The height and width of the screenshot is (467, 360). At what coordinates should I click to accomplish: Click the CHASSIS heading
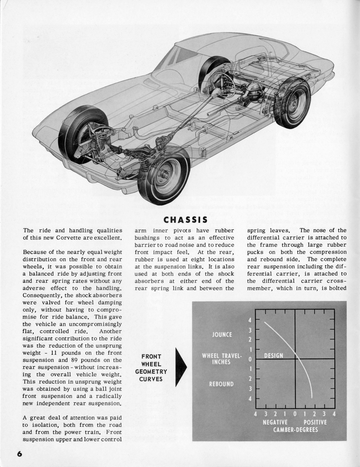[185, 220]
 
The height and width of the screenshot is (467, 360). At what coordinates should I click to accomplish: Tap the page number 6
[20, 453]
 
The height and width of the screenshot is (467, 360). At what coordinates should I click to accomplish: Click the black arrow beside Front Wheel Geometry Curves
[180, 367]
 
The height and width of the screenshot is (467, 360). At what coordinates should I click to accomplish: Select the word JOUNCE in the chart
[222, 335]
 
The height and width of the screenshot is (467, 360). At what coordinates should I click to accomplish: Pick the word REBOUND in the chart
[221, 384]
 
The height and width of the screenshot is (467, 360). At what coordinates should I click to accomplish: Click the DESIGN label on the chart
[273, 356]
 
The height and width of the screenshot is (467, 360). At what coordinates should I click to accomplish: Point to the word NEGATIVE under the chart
[275, 422]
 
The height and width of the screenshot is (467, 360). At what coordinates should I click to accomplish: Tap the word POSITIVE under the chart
[315, 422]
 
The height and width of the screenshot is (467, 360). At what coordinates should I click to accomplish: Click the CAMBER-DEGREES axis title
[295, 430]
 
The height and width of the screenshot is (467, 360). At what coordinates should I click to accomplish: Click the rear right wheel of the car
[292, 103]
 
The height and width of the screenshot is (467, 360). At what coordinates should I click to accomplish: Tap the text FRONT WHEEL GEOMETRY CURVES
[151, 368]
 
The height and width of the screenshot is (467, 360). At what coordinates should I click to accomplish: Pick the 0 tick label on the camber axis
[295, 414]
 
